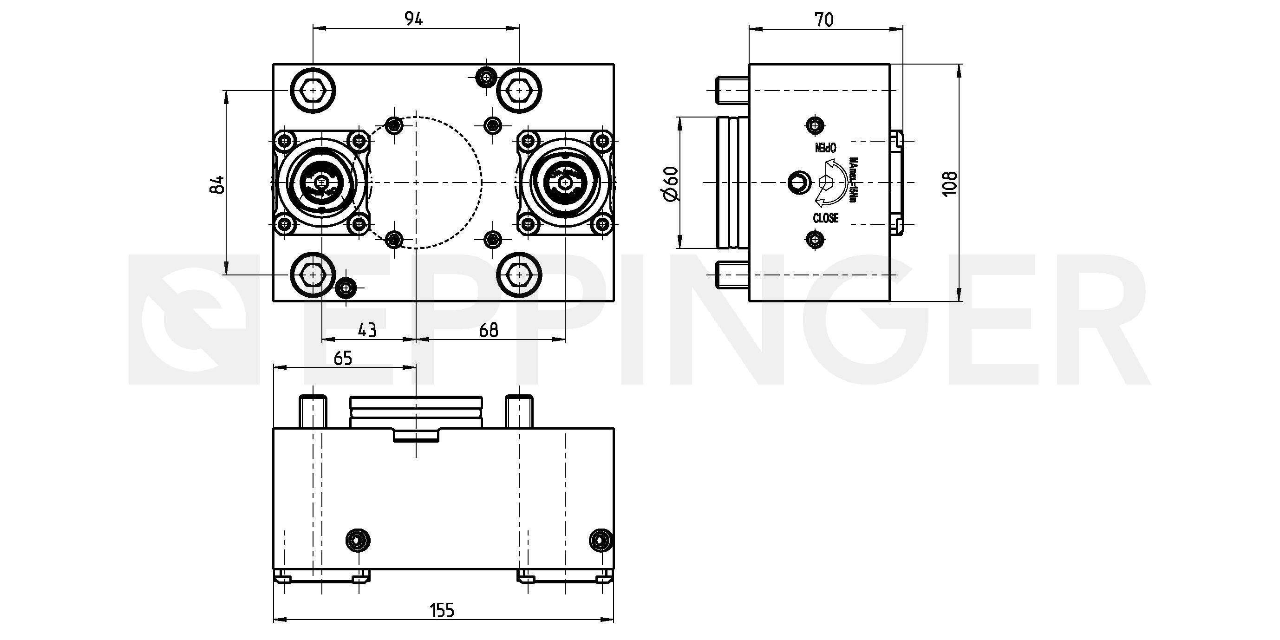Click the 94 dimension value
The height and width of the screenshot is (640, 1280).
pyautogui.click(x=413, y=20)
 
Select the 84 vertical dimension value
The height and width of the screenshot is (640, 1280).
pyautogui.click(x=218, y=185)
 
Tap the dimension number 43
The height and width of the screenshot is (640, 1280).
pyautogui.click(x=367, y=330)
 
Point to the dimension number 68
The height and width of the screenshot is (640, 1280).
pyautogui.click(x=489, y=330)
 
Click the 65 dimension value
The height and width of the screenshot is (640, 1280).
pyautogui.click(x=343, y=358)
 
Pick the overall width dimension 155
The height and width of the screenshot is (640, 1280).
pyautogui.click(x=442, y=610)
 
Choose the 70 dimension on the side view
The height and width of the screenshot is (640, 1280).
pyautogui.click(x=824, y=20)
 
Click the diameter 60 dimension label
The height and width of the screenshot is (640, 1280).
pyautogui.click(x=671, y=184)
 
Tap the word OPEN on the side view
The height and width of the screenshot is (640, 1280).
pyautogui.click(x=826, y=148)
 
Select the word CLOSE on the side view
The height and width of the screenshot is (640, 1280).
pyautogui.click(x=825, y=218)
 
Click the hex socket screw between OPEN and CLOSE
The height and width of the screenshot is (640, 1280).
pyautogui.click(x=800, y=183)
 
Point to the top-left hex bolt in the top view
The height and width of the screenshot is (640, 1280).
pyautogui.click(x=313, y=91)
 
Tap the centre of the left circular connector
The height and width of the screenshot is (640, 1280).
pyautogui.click(x=322, y=183)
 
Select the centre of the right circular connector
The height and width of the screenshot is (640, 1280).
pyautogui.click(x=565, y=183)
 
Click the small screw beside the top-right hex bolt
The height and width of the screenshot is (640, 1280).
pyautogui.click(x=486, y=77)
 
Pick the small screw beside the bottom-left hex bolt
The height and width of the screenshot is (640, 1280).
pyautogui.click(x=346, y=287)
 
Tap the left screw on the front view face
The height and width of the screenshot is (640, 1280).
pyautogui.click(x=358, y=540)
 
